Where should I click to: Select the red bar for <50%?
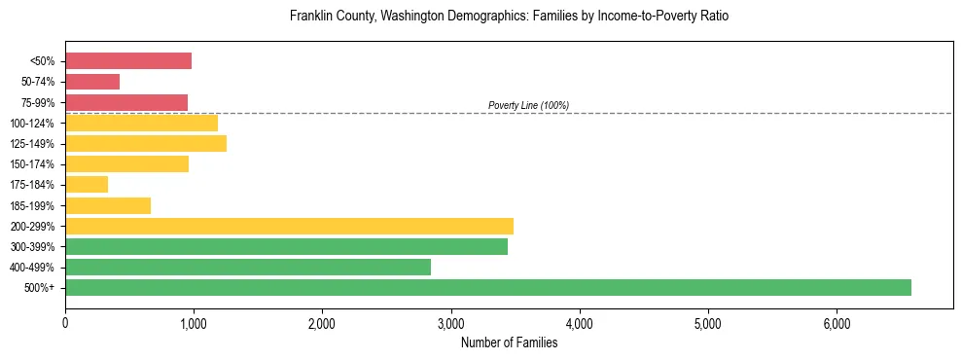pyautogui.click(x=128, y=61)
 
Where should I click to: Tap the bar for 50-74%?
pyautogui.click(x=92, y=82)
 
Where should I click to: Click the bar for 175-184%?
pyautogui.click(x=87, y=185)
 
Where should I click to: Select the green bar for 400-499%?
pyautogui.click(x=248, y=267)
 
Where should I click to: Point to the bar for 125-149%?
pyautogui.click(x=146, y=144)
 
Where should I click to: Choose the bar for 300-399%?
pyautogui.click(x=286, y=246)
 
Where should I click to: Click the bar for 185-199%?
pyautogui.click(x=108, y=205)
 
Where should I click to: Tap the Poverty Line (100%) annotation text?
pyautogui.click(x=528, y=105)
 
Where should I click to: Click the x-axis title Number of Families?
pyautogui.click(x=509, y=342)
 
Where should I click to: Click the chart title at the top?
pyautogui.click(x=509, y=17)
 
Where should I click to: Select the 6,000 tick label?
pyautogui.click(x=837, y=323)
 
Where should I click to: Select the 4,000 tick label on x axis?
pyautogui.click(x=579, y=323)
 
